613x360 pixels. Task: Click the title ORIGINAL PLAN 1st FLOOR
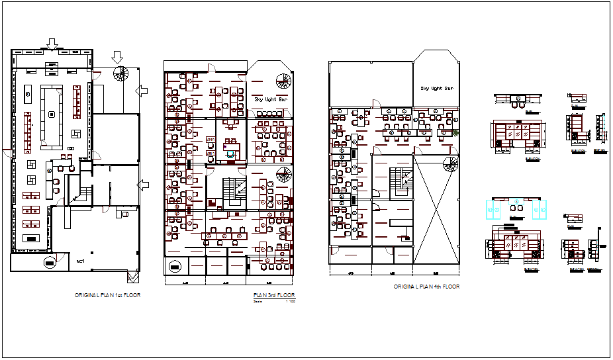(x=107, y=295)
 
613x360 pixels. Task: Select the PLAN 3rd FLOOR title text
(x=275, y=295)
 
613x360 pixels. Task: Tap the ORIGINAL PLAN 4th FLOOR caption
(x=426, y=287)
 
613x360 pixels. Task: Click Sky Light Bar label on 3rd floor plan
(x=271, y=100)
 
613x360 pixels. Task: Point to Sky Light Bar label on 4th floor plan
(x=437, y=88)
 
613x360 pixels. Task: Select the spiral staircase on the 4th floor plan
(x=451, y=165)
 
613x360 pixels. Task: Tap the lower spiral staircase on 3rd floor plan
(x=283, y=175)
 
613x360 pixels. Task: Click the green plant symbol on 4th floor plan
(x=457, y=134)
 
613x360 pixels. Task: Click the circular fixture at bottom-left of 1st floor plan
(x=50, y=263)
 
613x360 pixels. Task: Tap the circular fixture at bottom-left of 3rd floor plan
(x=174, y=266)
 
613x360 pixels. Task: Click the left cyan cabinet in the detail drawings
(x=494, y=209)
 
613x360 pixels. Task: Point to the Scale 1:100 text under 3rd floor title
(x=275, y=302)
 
